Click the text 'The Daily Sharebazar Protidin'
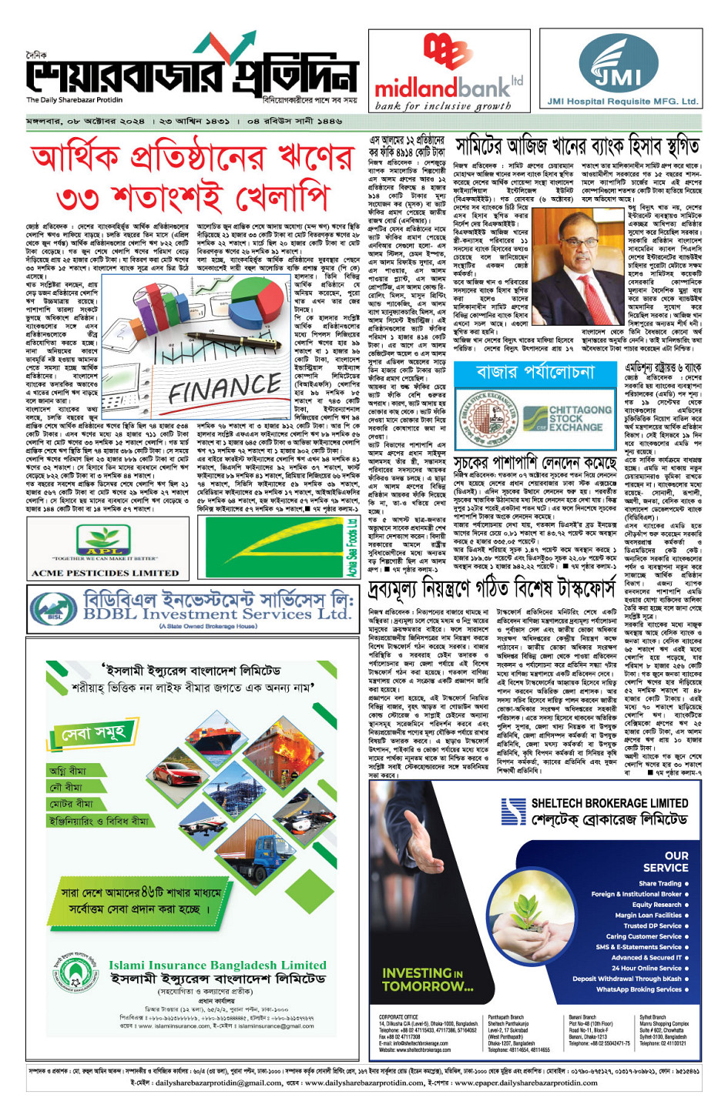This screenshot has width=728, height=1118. pos(74,99)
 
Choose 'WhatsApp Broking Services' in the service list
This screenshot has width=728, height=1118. pos(639,989)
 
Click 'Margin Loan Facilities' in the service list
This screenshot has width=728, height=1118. pos(648,915)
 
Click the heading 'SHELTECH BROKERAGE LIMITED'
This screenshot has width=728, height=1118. pos(609,803)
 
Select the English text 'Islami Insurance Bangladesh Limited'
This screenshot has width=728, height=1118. pos(217,965)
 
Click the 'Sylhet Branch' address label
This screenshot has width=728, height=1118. pos(653,1017)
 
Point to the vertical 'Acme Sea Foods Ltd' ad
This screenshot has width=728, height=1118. pos(351,546)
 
